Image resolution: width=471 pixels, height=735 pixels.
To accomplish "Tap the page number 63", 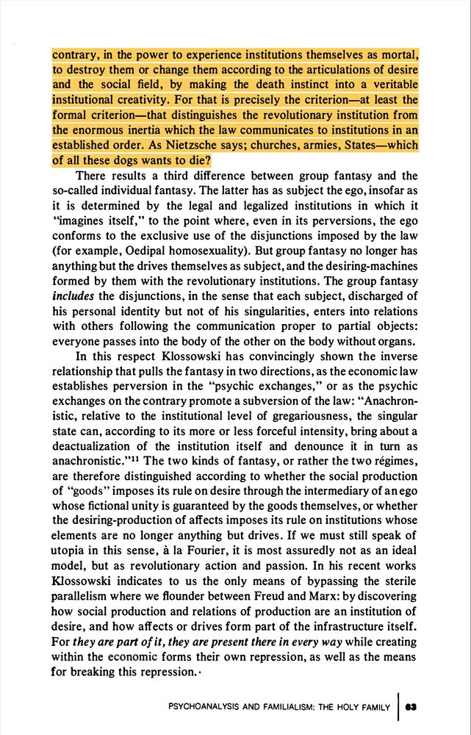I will click(x=411, y=707).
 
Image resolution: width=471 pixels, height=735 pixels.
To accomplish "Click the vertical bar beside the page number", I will click(x=397, y=706).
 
